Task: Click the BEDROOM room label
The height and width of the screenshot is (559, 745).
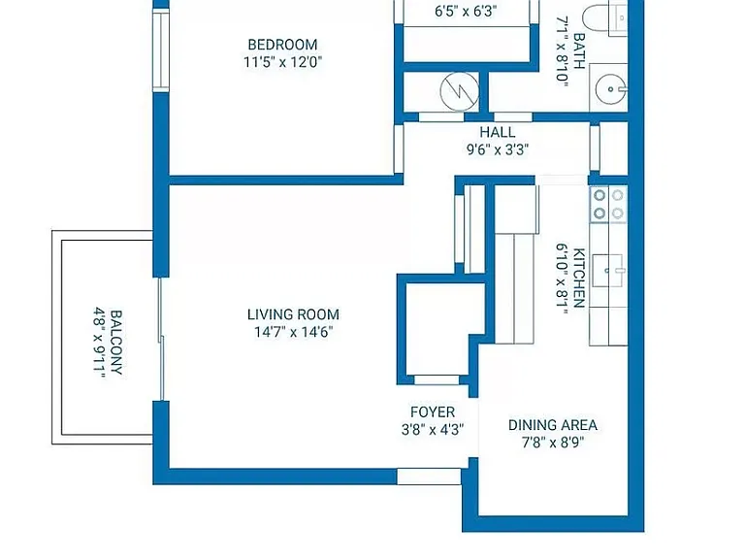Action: click(x=282, y=45)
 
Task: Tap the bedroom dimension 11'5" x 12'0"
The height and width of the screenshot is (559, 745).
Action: click(x=282, y=62)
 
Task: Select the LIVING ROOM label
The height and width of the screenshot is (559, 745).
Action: click(x=293, y=314)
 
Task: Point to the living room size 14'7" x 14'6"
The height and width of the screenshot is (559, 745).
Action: click(x=293, y=332)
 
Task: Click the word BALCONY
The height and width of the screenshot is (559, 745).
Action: click(x=116, y=343)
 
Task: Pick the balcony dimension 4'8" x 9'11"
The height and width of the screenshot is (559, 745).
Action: click(x=99, y=343)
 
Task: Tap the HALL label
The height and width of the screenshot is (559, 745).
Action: click(x=497, y=132)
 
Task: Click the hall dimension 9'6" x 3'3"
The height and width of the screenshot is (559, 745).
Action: click(x=497, y=149)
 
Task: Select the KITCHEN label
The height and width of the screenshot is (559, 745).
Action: click(x=579, y=279)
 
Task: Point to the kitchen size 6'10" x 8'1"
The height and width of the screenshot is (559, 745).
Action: click(x=562, y=279)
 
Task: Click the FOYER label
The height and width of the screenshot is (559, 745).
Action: click(x=433, y=412)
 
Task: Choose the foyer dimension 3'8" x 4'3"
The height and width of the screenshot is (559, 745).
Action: click(x=433, y=430)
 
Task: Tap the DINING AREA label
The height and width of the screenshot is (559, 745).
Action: click(x=553, y=425)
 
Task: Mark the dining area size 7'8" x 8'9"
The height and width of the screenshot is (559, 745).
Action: click(x=553, y=443)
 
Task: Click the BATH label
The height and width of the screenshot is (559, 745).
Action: click(x=579, y=50)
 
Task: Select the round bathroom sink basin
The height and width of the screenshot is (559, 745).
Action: click(x=610, y=89)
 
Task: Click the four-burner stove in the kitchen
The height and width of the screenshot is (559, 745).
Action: click(x=608, y=205)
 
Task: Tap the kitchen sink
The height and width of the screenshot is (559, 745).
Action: click(x=607, y=271)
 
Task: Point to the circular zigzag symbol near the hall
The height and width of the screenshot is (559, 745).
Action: click(x=459, y=91)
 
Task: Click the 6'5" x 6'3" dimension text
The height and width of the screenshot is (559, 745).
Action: click(x=466, y=11)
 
